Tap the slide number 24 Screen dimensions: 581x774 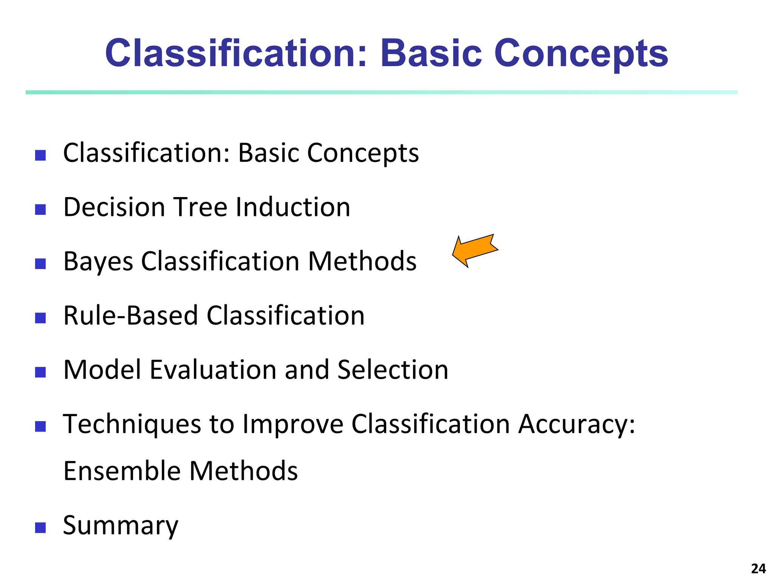(x=758, y=569)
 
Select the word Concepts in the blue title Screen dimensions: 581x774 (x=581, y=54)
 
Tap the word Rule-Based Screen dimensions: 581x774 (x=130, y=315)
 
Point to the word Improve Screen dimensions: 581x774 (x=293, y=424)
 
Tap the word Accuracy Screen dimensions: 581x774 (x=576, y=424)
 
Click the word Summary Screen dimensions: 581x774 (x=120, y=526)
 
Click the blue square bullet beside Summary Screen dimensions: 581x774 (x=40, y=527)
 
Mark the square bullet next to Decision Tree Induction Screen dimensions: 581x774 (x=40, y=209)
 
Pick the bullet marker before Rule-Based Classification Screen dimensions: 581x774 (x=40, y=318)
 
